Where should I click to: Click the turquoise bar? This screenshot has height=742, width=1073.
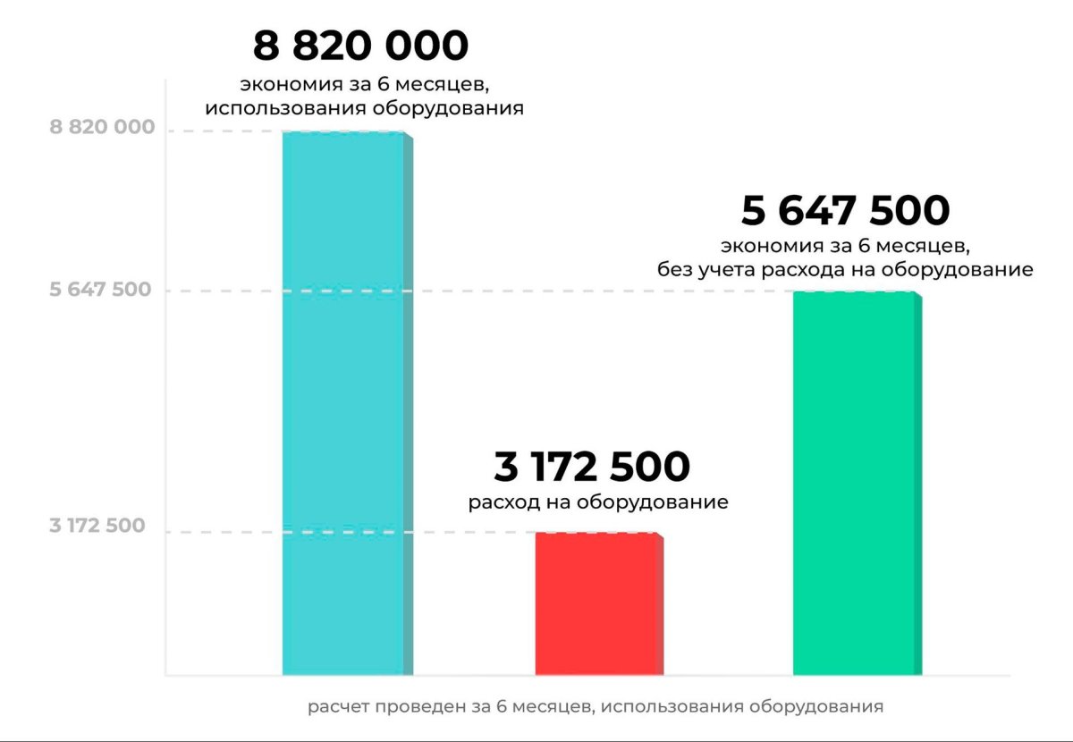[x=343, y=402]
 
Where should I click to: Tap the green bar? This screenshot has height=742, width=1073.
[x=855, y=483]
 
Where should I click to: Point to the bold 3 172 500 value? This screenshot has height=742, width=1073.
[x=592, y=468]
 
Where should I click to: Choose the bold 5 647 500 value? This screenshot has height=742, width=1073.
[x=845, y=212]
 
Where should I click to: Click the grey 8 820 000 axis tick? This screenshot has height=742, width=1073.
[x=102, y=128]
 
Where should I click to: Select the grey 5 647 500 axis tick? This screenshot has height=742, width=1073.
[x=100, y=290]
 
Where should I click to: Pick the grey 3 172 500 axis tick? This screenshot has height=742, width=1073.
[x=97, y=526]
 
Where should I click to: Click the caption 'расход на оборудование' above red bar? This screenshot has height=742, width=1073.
[x=598, y=502]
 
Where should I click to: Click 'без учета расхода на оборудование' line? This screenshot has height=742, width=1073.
[x=845, y=269]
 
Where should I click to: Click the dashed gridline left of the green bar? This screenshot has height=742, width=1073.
[x=536, y=291]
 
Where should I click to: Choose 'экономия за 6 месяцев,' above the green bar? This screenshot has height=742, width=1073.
[x=845, y=244]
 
